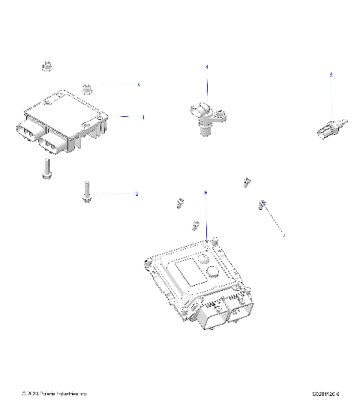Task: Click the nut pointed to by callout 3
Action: click(87, 86)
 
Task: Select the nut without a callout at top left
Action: click(46, 66)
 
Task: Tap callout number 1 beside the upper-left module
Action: click(143, 118)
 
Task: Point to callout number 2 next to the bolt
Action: click(136, 194)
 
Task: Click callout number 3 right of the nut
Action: click(138, 85)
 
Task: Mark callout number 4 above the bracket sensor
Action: click(208, 67)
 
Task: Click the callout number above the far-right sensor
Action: click(331, 74)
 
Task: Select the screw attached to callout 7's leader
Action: click(263, 204)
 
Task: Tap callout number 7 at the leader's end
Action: click(283, 235)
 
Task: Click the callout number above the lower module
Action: click(205, 193)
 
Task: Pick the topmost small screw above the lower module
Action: click(247, 182)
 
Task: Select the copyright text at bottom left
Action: click(55, 393)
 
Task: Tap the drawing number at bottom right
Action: click(326, 393)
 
